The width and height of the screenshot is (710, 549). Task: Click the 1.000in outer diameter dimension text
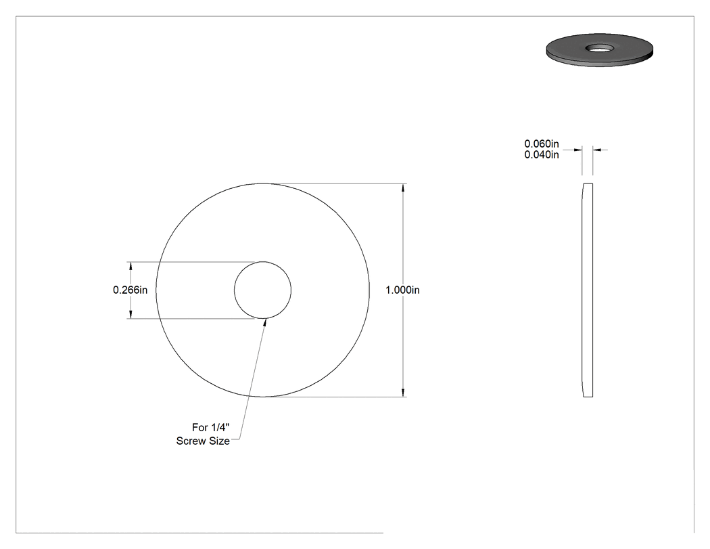point(402,290)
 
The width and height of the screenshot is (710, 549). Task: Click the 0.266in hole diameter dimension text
point(130,290)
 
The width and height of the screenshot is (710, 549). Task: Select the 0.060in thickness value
point(542,144)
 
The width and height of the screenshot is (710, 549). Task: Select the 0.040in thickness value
point(542,154)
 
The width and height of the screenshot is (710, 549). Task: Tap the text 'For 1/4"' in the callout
point(210,428)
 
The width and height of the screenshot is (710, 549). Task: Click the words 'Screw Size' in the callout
point(203,441)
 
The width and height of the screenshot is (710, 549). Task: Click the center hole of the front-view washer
point(262,290)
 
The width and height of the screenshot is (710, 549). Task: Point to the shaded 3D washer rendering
point(600,50)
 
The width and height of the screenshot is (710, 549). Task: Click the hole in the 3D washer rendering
point(600,47)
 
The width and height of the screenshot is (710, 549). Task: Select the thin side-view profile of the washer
point(588,290)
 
